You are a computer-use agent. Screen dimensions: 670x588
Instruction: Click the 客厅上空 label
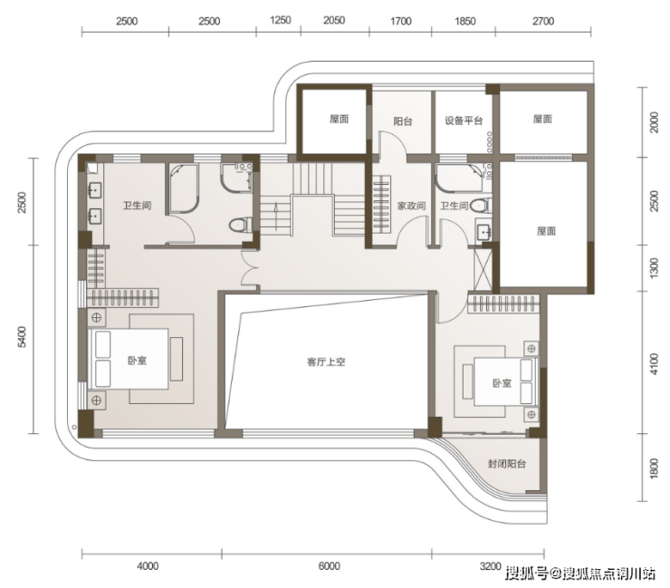point(326,361)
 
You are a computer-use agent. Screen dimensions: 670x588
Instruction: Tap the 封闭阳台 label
point(507,464)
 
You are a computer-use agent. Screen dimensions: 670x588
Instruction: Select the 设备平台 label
point(464,120)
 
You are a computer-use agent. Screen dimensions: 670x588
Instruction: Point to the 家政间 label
point(411,206)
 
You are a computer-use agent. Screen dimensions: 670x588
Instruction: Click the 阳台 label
point(403,121)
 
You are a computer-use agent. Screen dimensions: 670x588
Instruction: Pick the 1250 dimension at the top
point(281,20)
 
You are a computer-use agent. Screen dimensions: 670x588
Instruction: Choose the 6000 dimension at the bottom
point(329,566)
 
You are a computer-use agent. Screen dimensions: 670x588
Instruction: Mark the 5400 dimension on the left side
point(23,336)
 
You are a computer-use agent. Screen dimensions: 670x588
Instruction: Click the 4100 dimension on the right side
point(655,364)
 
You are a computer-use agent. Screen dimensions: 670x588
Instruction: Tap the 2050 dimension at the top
point(334,20)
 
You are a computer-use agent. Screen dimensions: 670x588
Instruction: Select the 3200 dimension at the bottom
point(490,566)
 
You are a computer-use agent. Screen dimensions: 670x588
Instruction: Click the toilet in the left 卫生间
point(240,225)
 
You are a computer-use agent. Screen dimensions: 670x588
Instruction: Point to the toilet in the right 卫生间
point(481,207)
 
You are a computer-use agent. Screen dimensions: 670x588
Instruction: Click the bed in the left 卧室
point(128,359)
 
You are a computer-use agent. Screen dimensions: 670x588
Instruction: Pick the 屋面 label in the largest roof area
point(546,231)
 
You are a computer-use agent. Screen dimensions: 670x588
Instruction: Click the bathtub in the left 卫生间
point(184,188)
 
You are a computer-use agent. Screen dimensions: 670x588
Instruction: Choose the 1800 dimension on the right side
point(655,468)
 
